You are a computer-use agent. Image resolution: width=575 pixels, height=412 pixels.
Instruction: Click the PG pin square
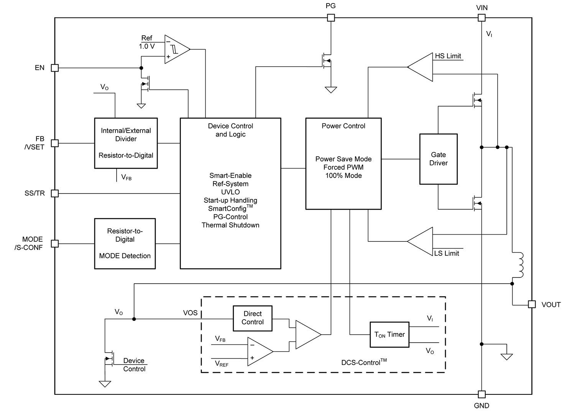[x=330, y=18]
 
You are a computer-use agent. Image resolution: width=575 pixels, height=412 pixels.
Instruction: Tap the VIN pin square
[x=481, y=18]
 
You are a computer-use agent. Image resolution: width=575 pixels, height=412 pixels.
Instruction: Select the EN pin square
[x=55, y=68]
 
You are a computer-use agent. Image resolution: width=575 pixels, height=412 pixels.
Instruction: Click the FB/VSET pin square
[x=55, y=143]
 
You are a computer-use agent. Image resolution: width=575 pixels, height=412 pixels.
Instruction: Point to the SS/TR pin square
[x=55, y=194]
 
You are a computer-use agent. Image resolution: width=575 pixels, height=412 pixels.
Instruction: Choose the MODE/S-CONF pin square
[x=55, y=243]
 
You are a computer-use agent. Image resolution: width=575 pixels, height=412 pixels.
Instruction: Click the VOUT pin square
[x=532, y=304]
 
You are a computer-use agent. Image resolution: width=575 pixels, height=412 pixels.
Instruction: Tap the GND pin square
[x=481, y=394]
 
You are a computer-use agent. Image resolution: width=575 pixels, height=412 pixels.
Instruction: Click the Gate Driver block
[x=438, y=159]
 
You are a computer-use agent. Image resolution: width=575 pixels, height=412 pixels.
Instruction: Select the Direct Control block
[x=253, y=318]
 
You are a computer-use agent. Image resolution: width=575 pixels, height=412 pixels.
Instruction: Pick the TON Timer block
[x=389, y=335]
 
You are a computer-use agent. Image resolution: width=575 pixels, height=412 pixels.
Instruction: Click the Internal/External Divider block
[x=126, y=143]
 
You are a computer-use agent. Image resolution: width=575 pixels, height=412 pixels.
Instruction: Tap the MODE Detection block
[x=125, y=244]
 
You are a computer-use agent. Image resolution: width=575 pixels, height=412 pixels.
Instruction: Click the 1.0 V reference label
[x=147, y=46]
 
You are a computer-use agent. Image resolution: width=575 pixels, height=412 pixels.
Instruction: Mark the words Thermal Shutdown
[x=230, y=225]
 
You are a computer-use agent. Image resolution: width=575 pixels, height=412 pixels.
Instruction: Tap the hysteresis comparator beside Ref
[x=176, y=49]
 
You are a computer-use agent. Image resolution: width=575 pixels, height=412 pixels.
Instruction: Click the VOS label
[x=190, y=313]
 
